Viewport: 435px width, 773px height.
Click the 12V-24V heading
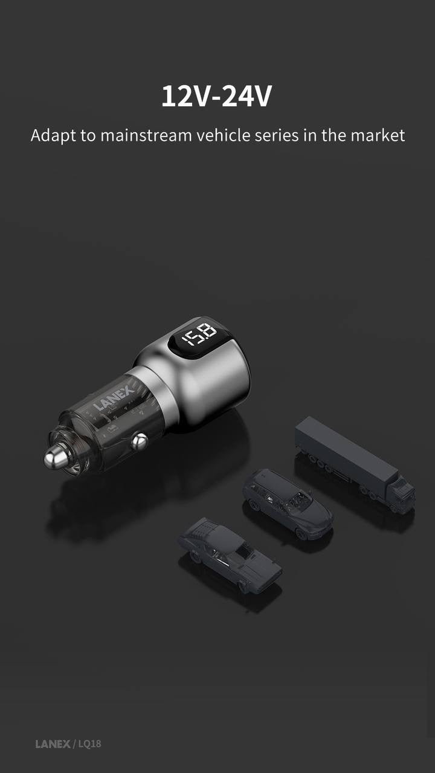[x=216, y=97]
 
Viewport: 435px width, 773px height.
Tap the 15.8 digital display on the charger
[x=199, y=334]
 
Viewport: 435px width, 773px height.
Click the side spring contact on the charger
[x=140, y=442]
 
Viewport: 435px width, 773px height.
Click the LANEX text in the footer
[x=53, y=744]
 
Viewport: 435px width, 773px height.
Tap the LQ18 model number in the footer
[x=89, y=744]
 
